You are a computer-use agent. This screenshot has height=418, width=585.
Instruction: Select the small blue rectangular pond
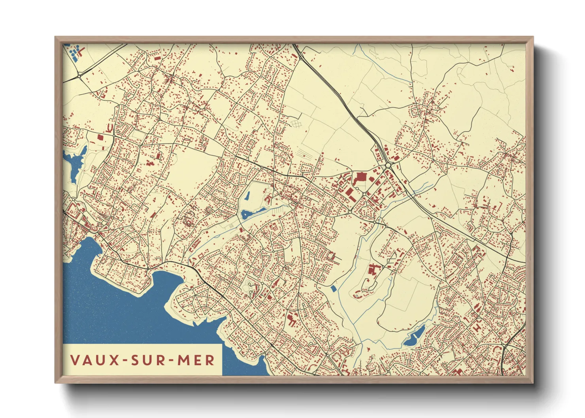[334, 289]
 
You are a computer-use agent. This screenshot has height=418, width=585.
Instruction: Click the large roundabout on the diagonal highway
[388, 166]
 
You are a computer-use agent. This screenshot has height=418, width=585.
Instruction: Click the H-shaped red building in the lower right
[477, 328]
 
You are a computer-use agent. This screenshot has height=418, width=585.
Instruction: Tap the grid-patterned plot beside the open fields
[296, 124]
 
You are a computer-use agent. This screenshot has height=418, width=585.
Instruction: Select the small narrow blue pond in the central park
[247, 196]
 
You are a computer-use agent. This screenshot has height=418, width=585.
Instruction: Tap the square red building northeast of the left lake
[100, 137]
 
